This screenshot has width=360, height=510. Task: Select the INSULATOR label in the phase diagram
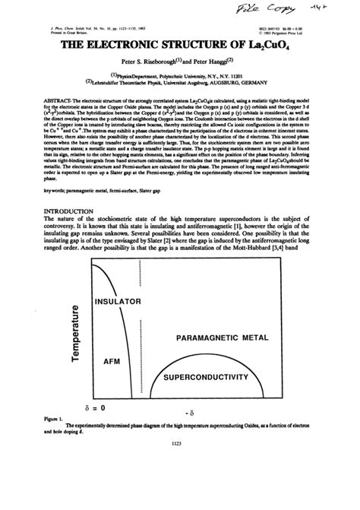click(118, 303)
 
